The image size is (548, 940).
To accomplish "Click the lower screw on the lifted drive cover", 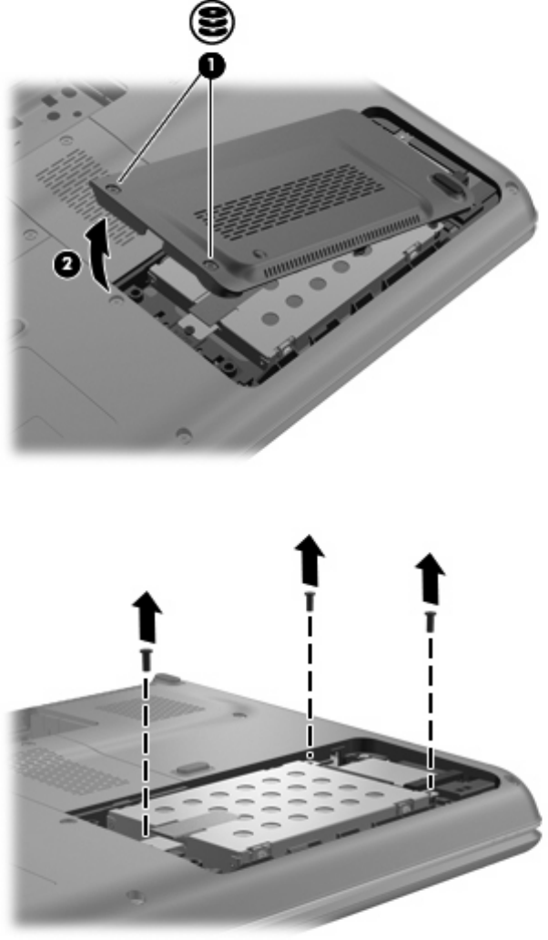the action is pos(209,263).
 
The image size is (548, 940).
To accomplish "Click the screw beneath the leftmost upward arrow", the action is pos(147,659).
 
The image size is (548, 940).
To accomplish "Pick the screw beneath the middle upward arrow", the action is pos(309,601).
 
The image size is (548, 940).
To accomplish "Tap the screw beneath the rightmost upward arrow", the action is pos(430,621).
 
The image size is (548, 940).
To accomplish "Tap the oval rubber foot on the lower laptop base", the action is pos(187,767).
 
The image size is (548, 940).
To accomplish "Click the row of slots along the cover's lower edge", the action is pos(342,246).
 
